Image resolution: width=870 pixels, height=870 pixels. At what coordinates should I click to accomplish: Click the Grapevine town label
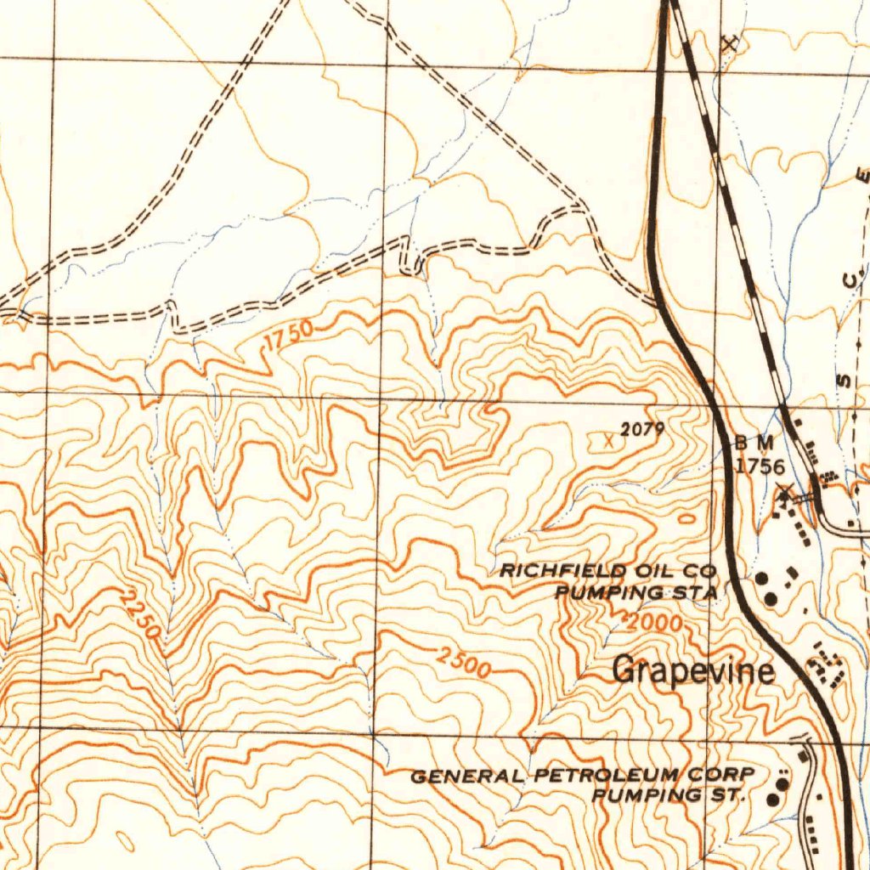pos(693,670)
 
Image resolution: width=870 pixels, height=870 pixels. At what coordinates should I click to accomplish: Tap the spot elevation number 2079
pos(641,430)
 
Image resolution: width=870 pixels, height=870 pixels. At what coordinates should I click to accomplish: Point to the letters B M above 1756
pos(754,443)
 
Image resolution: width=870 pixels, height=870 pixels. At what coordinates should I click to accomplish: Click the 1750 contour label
pos(288,336)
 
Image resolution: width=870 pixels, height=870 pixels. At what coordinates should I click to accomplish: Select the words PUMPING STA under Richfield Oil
pos(636,591)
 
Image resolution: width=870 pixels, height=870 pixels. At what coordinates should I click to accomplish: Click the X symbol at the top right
pos(729,43)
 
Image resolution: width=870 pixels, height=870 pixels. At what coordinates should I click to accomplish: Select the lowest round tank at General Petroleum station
pos(773,799)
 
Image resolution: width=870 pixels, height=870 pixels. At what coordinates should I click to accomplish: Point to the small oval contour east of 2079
pos(686,517)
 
